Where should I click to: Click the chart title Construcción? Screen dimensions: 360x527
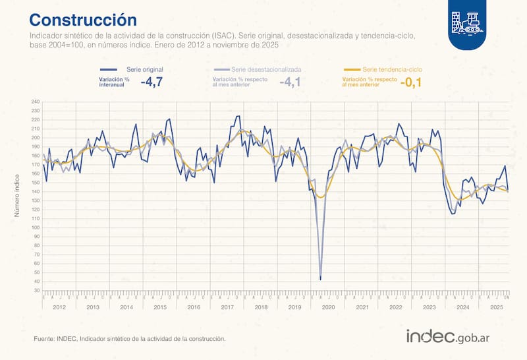(83, 19)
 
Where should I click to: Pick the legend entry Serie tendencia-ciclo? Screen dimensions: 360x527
(392, 69)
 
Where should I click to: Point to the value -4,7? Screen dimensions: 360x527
(152, 82)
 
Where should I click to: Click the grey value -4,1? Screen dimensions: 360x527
(290, 82)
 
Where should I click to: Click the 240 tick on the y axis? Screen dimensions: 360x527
(36, 102)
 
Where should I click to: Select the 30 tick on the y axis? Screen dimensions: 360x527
(36, 289)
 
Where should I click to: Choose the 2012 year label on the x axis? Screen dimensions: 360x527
(59, 307)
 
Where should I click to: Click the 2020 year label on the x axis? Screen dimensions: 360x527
(328, 307)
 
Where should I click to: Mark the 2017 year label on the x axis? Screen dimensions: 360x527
(227, 307)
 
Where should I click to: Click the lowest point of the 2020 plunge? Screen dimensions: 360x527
(320, 280)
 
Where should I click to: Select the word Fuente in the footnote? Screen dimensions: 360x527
(45, 338)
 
